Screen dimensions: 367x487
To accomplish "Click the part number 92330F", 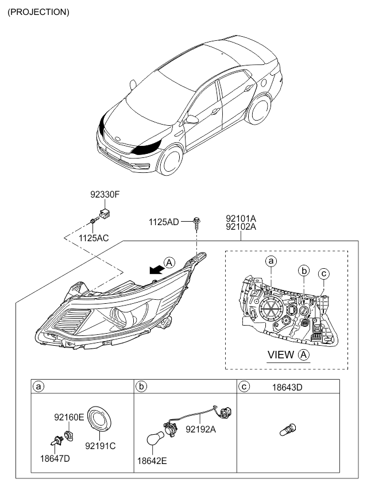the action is point(105,195).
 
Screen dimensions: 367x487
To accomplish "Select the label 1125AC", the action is point(94,238).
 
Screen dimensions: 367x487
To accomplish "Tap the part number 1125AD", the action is point(164,222).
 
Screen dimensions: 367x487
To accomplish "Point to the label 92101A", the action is point(241,218).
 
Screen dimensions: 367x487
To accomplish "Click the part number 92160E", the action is point(69,417).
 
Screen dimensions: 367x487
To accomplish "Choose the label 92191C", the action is point(101,446).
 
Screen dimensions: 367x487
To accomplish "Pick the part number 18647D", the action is point(55,458).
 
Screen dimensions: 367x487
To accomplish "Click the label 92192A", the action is point(200,429).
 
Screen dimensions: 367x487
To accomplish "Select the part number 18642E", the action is point(152,461).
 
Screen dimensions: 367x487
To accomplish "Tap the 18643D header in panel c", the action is point(287,387).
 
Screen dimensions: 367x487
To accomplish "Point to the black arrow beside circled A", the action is point(157,269).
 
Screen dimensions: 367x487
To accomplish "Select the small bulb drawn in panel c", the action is point(288,430).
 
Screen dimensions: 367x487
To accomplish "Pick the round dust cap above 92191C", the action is point(99,419).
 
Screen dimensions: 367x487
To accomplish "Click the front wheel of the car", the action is point(170,161).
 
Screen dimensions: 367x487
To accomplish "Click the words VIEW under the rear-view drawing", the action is point(281,355).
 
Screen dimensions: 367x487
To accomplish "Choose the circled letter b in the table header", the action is point(141,386).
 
